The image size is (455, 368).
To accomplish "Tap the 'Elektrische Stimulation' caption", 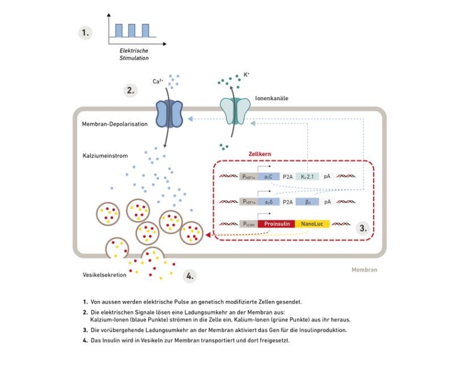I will click(x=134, y=55).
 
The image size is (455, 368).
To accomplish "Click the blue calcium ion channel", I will click(x=169, y=113).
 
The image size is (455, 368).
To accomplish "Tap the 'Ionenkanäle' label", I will click(x=272, y=98).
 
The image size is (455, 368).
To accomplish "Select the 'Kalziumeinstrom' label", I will click(x=105, y=156).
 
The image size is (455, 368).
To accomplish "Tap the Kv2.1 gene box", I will click(x=307, y=177).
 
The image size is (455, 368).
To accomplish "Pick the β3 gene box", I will click(x=307, y=202).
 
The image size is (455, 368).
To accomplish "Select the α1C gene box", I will click(x=268, y=177).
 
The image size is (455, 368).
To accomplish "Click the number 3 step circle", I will click(x=362, y=228).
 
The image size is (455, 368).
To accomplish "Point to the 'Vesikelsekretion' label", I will click(x=105, y=275).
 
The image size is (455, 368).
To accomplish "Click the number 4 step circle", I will click(x=190, y=276).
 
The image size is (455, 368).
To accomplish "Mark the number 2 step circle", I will click(x=130, y=91).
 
